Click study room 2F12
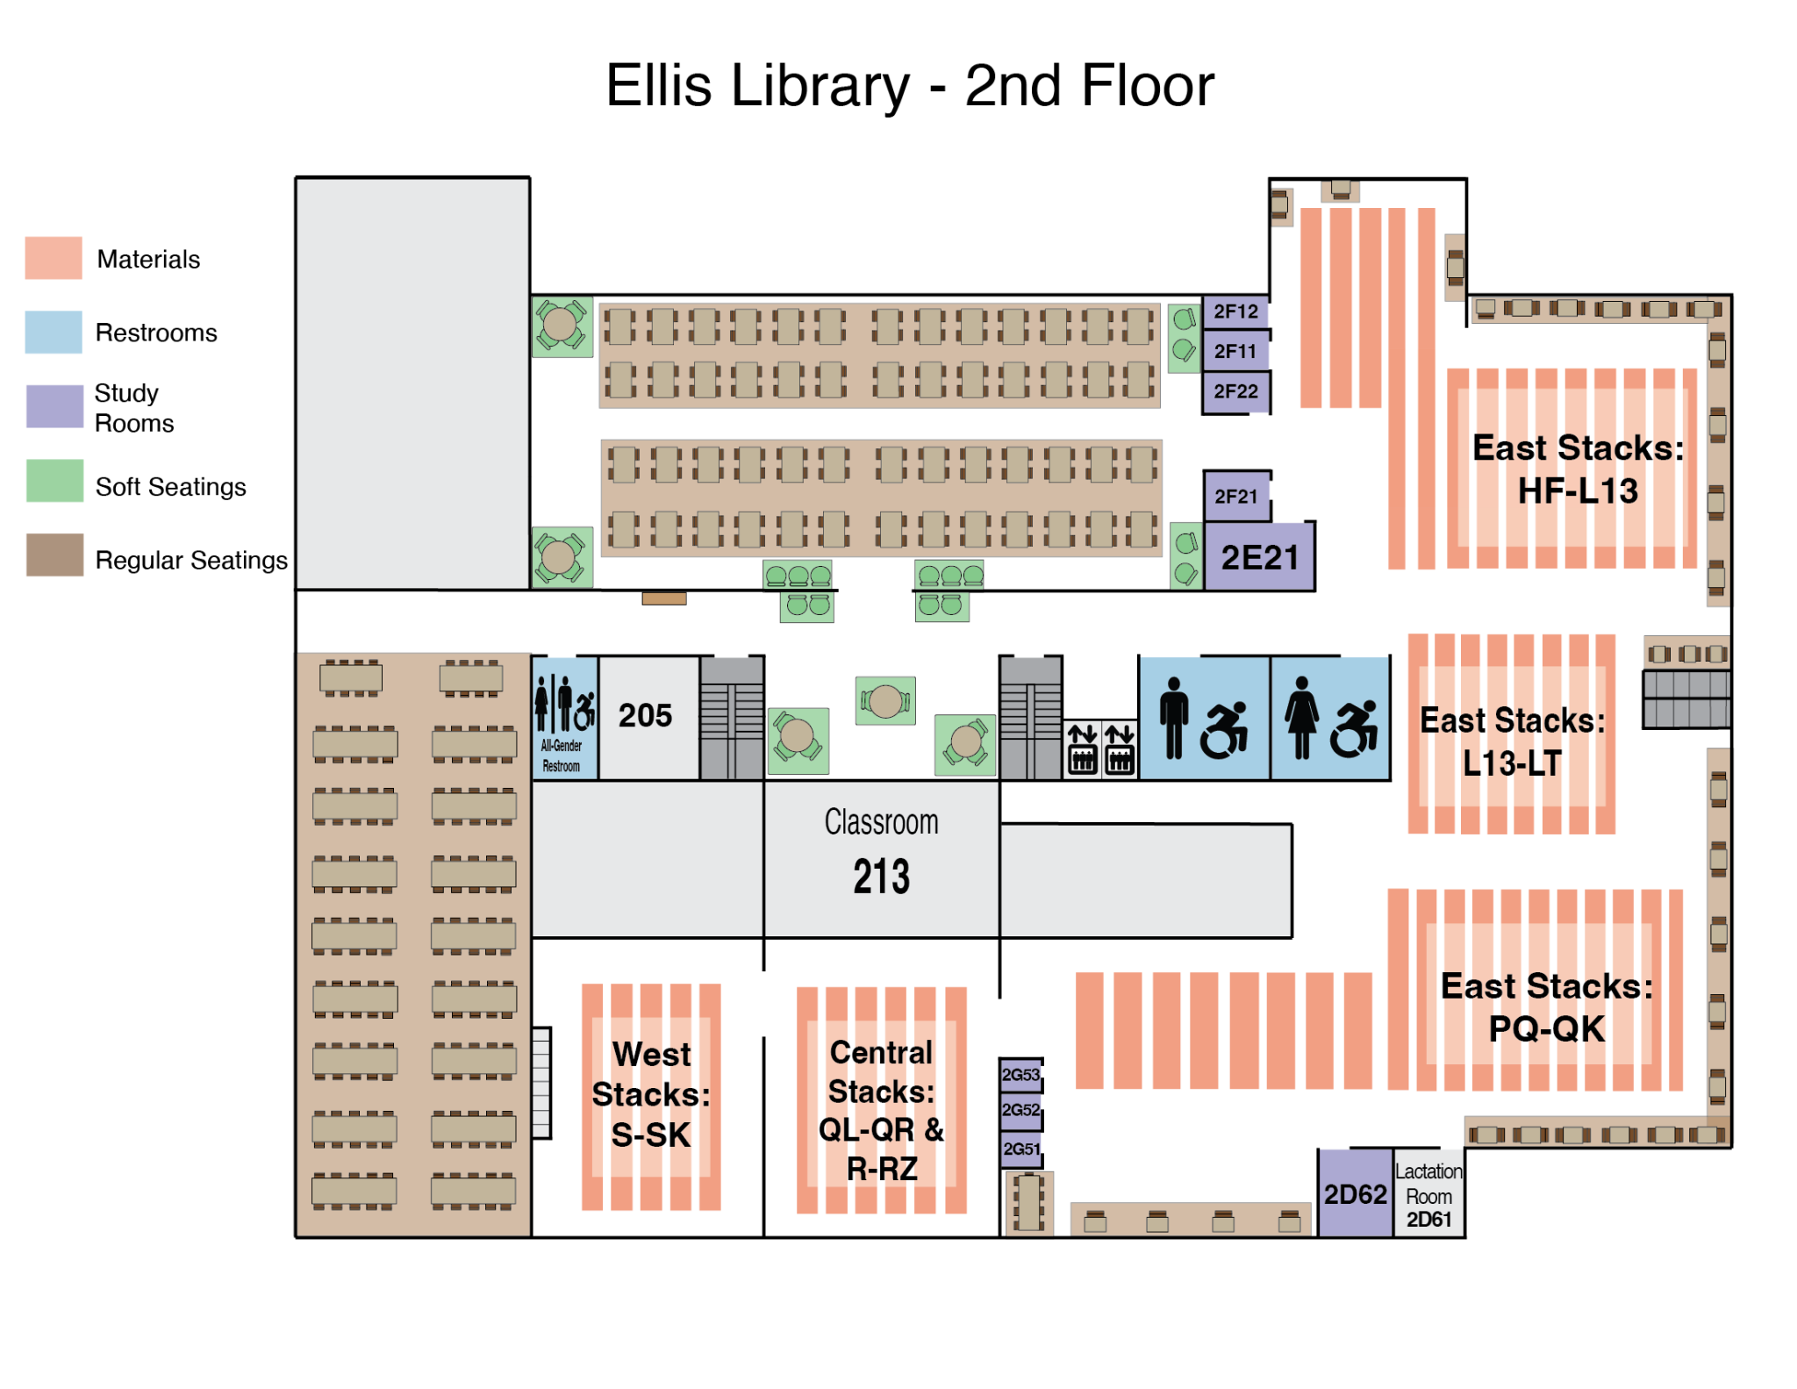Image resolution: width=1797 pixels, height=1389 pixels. pyautogui.click(x=1235, y=311)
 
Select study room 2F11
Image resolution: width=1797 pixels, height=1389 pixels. pyautogui.click(x=1235, y=351)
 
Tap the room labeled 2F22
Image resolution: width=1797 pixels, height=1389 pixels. pyautogui.click(x=1235, y=391)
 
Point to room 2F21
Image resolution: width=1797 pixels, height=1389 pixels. pyautogui.click(x=1236, y=497)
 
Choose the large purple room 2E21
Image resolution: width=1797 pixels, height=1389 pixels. pyautogui.click(x=1259, y=557)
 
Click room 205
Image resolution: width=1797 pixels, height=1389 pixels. pyautogui.click(x=646, y=716)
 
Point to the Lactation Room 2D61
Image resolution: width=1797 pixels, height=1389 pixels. pyautogui.click(x=1428, y=1193)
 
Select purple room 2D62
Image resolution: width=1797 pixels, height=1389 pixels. pyautogui.click(x=1355, y=1193)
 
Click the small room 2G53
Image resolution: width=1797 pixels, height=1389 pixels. pyautogui.click(x=1021, y=1074)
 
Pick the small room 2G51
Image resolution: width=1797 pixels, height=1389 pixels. pyautogui.click(x=1021, y=1149)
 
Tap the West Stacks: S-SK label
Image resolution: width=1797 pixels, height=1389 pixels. pyautogui.click(x=651, y=1094)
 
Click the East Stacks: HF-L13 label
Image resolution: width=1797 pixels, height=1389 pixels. pyautogui.click(x=1578, y=469)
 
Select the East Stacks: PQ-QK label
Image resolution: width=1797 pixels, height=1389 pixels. pyautogui.click(x=1546, y=1007)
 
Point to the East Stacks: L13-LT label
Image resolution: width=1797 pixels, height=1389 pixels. pyautogui.click(x=1513, y=741)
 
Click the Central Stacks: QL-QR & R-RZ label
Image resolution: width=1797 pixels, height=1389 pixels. pyautogui.click(x=882, y=1110)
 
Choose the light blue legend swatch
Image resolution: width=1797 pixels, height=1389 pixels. pyautogui.click(x=54, y=333)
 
